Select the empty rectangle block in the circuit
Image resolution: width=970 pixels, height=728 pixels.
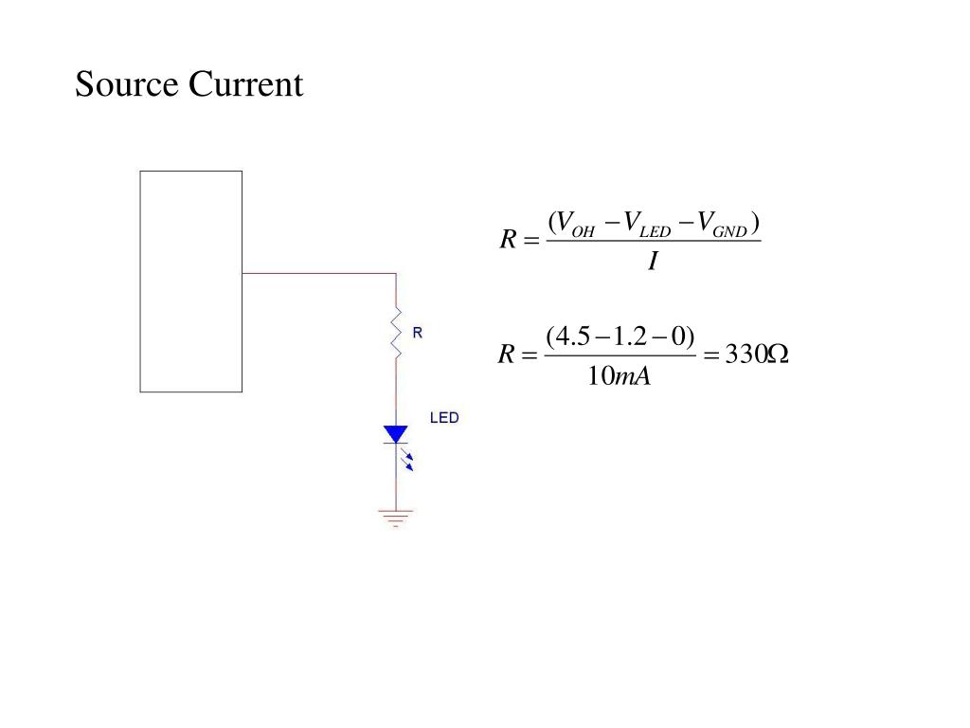pyautogui.click(x=190, y=281)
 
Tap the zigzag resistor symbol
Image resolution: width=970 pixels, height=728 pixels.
pyautogui.click(x=397, y=332)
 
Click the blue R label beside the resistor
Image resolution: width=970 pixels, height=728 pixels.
pyautogui.click(x=417, y=333)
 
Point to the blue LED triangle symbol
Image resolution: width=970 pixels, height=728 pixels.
pyautogui.click(x=396, y=435)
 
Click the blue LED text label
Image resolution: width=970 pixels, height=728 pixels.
pyautogui.click(x=444, y=417)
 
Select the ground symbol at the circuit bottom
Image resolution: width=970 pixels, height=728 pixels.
pyautogui.click(x=396, y=518)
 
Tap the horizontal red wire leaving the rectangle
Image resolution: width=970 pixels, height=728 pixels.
pyautogui.click(x=318, y=273)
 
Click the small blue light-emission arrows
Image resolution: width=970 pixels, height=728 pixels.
pyautogui.click(x=409, y=460)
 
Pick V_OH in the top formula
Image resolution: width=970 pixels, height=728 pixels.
pyautogui.click(x=574, y=225)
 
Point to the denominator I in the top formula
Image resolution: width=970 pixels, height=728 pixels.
pyautogui.click(x=653, y=261)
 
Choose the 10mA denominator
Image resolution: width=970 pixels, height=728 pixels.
pyautogui.click(x=619, y=376)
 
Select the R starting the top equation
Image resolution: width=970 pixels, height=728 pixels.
pyautogui.click(x=508, y=241)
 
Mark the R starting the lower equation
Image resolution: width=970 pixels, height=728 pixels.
pyautogui.click(x=507, y=355)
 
